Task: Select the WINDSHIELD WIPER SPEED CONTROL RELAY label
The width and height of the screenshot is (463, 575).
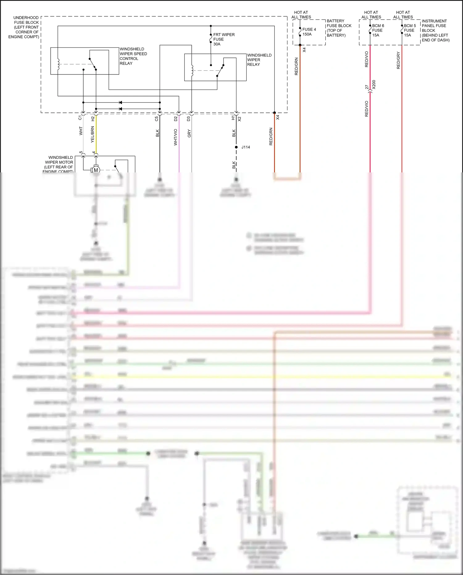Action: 133,56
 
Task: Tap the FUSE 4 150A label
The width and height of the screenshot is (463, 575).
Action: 309,32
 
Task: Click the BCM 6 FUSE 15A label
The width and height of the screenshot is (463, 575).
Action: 378,30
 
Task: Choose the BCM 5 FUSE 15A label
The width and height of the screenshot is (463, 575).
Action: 410,30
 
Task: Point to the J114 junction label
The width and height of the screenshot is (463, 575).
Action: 246,147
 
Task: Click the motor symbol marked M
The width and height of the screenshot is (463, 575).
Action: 96,170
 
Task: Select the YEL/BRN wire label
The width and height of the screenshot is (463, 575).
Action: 92,134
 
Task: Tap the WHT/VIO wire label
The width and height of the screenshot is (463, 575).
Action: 176,137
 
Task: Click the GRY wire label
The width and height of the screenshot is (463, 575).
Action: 189,133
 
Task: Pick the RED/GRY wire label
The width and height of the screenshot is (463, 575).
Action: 398,60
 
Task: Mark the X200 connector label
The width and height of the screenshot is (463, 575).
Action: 374,85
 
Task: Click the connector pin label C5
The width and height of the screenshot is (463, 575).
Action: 156,118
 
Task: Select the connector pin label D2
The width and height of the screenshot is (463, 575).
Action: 176,118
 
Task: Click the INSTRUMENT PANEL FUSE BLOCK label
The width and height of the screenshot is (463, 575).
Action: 435,30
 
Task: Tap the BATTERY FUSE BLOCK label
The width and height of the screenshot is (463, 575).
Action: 339,28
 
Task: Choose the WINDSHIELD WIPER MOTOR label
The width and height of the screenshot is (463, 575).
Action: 59,164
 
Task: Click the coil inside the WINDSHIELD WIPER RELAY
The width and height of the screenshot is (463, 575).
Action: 192,70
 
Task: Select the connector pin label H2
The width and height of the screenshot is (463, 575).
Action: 93,118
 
